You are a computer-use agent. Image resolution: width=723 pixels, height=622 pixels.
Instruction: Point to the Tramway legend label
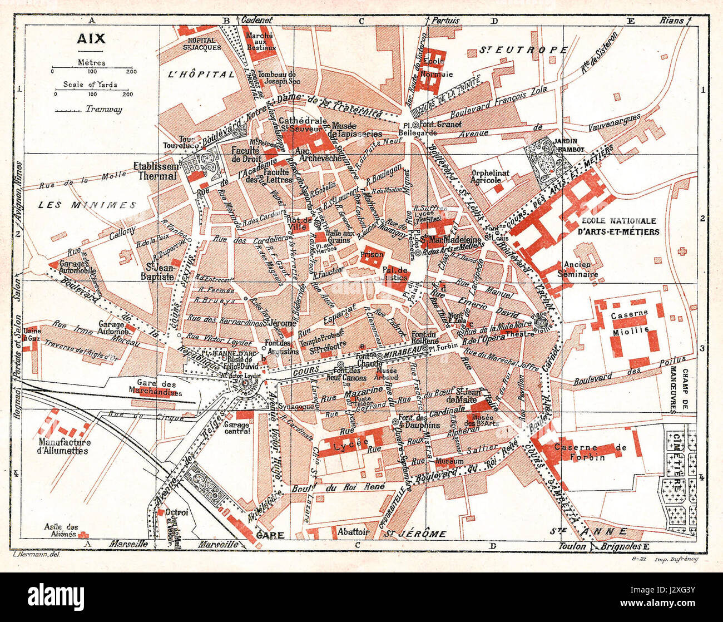point(103,110)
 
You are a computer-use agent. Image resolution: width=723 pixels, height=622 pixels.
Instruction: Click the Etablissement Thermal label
point(155,171)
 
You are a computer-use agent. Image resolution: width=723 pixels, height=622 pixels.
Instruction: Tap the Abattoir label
point(354,531)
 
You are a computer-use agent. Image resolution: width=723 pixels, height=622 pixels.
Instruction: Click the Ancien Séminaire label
point(581,269)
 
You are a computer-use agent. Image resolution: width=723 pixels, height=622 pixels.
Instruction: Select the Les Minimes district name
point(87,205)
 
